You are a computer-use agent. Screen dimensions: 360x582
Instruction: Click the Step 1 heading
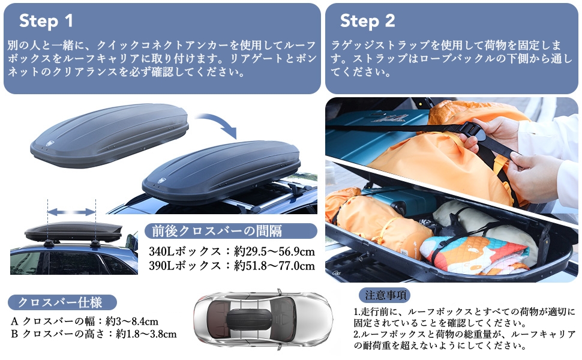[x=46, y=21]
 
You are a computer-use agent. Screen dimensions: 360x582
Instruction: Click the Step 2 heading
[x=367, y=21]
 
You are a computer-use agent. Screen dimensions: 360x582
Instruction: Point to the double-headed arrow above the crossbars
[x=71, y=212]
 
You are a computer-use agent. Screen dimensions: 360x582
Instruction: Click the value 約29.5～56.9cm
[x=274, y=250]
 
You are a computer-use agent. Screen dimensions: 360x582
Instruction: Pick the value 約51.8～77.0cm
[x=274, y=265]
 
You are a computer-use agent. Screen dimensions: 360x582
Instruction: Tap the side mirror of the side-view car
[x=131, y=243]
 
